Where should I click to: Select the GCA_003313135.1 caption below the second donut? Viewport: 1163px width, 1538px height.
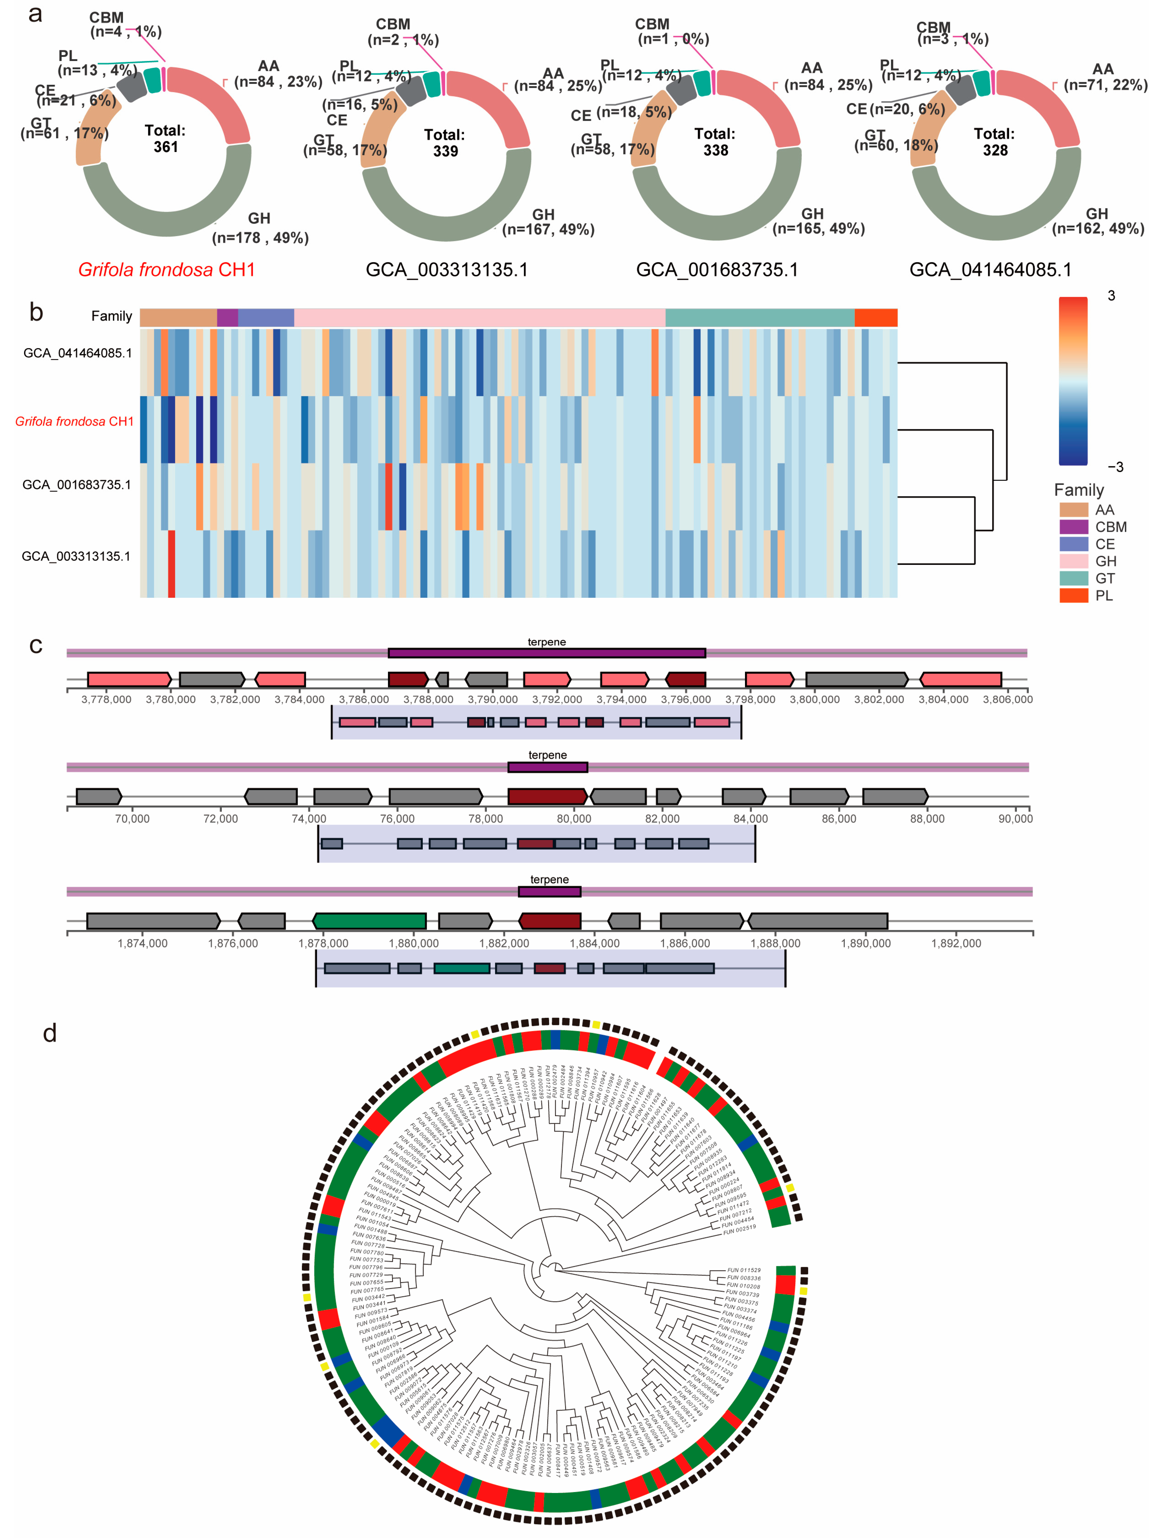(446, 270)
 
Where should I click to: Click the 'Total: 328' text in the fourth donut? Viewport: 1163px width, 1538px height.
(995, 142)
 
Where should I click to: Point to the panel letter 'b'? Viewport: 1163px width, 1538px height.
(36, 313)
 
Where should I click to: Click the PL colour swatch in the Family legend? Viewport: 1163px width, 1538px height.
(1073, 595)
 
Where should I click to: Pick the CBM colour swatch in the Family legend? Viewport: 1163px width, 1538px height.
(1073, 527)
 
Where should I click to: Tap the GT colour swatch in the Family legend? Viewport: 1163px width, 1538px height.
(1073, 578)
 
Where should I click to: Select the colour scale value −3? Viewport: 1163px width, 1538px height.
(1114, 467)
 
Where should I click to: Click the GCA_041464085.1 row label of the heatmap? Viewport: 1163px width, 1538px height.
(77, 353)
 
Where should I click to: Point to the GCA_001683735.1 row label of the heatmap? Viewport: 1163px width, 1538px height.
(77, 485)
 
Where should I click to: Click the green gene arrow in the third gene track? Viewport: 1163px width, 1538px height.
(369, 921)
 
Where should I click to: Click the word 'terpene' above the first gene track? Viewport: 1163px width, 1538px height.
(547, 642)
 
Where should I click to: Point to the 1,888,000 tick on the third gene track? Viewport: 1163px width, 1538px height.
(775, 943)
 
